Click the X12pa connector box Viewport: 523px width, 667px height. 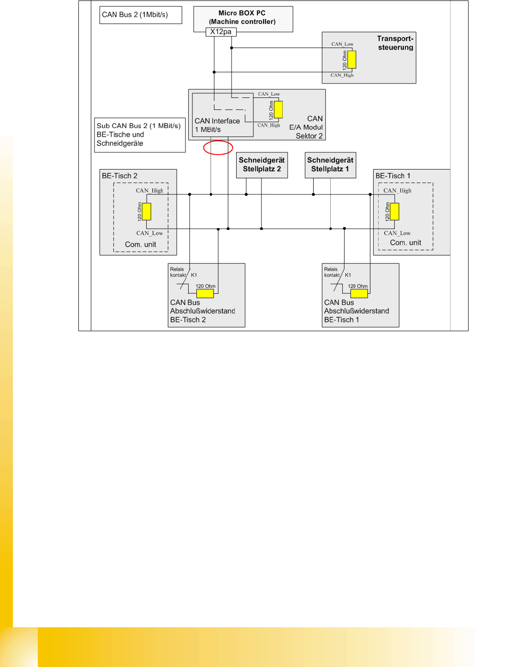tap(220, 32)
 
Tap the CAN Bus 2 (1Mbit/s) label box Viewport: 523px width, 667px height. tap(141, 15)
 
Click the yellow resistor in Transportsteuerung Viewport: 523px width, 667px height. tap(352, 60)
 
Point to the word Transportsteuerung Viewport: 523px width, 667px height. tap(395, 43)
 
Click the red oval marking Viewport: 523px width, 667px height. tap(218, 147)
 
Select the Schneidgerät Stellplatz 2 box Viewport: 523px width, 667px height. tap(261, 165)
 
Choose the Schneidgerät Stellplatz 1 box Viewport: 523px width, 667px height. tap(330, 165)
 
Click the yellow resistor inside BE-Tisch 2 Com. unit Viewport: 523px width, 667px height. tap(147, 212)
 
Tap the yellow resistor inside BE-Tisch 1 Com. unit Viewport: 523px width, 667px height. tap(394, 212)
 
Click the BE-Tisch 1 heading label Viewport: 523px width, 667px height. tap(392, 176)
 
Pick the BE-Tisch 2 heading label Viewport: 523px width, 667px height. tap(119, 176)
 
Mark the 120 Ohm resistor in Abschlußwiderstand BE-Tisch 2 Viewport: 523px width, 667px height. tap(205, 293)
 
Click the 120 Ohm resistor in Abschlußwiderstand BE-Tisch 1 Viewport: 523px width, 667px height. tap(359, 293)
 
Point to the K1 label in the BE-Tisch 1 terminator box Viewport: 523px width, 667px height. tap(348, 275)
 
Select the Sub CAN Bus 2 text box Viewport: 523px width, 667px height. tap(140, 135)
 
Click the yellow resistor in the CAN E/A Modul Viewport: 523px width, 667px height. tap(278, 110)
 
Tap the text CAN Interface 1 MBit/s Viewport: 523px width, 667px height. tap(217, 125)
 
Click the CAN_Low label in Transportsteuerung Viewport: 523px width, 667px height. tap(342, 44)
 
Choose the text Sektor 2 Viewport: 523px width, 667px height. tap(309, 136)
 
